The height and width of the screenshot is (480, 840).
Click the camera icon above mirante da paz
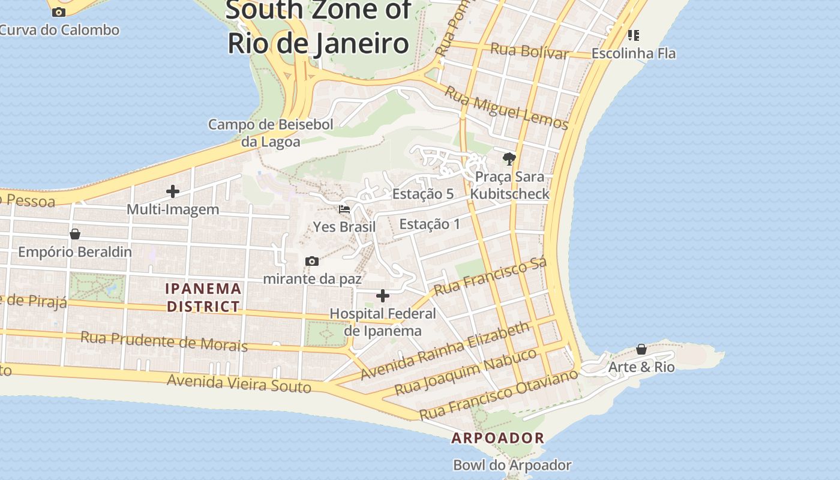(311, 261)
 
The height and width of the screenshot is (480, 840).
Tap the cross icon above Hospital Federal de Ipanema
(382, 295)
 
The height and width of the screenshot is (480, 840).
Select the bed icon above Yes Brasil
(344, 209)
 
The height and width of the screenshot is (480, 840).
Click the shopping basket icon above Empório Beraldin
(75, 233)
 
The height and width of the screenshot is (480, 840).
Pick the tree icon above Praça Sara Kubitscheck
(509, 158)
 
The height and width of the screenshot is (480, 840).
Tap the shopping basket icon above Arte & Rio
(641, 349)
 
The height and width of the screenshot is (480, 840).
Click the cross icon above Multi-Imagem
(173, 191)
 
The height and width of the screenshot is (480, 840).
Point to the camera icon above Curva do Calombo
(59, 12)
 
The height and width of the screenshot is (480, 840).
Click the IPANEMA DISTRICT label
(203, 298)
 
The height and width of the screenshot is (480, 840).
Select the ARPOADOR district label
(498, 438)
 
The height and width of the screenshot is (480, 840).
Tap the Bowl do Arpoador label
(512, 465)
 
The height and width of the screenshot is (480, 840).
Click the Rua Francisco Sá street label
(490, 277)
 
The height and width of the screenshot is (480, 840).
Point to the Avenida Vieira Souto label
(239, 383)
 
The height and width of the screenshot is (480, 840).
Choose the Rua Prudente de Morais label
(164, 341)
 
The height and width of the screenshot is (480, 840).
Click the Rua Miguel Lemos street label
(506, 108)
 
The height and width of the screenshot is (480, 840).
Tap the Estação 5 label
(422, 194)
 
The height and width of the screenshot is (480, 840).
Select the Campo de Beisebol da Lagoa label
(271, 133)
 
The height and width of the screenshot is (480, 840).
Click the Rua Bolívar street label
(529, 51)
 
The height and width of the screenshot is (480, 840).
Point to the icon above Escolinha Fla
(634, 35)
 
